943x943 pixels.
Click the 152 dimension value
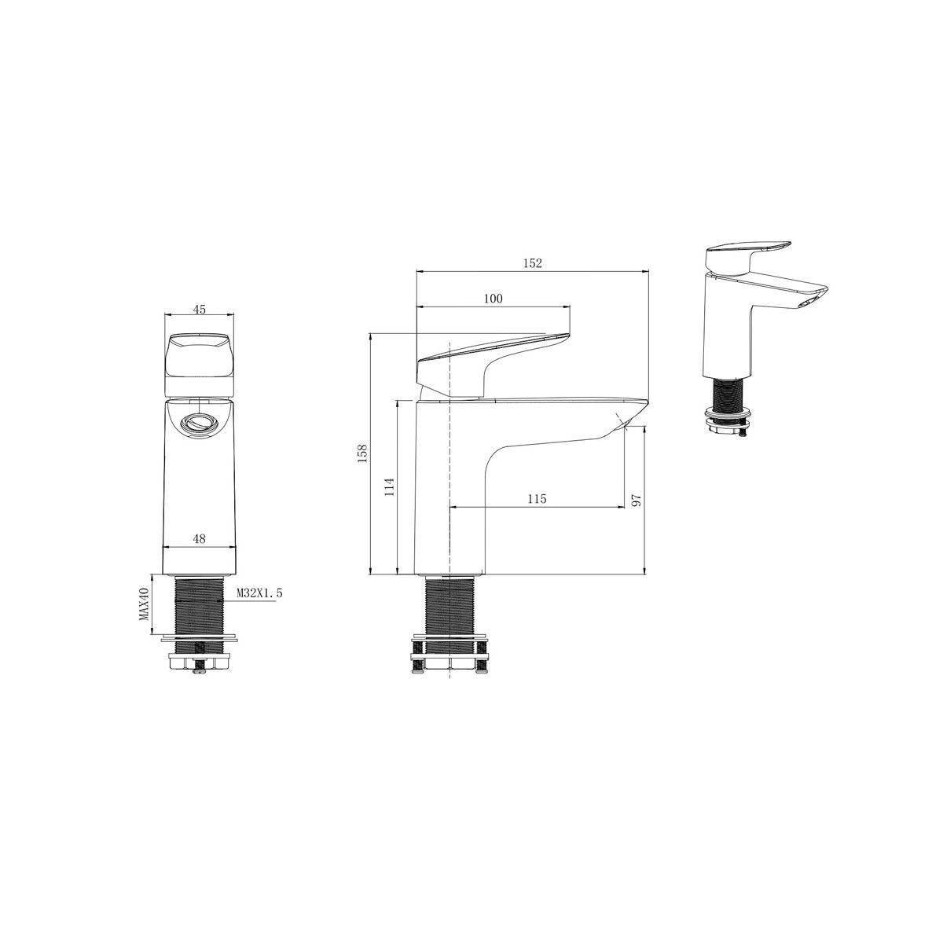coord(533,263)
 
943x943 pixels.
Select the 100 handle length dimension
coord(493,299)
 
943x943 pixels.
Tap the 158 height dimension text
coord(362,453)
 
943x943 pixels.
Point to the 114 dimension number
coord(390,487)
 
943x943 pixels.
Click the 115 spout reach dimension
coord(537,499)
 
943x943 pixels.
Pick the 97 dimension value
coord(637,500)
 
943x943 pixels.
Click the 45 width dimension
coord(199,310)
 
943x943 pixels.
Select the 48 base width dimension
coord(199,539)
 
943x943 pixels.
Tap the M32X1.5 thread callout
coord(259,593)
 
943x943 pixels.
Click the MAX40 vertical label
coord(144,604)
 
